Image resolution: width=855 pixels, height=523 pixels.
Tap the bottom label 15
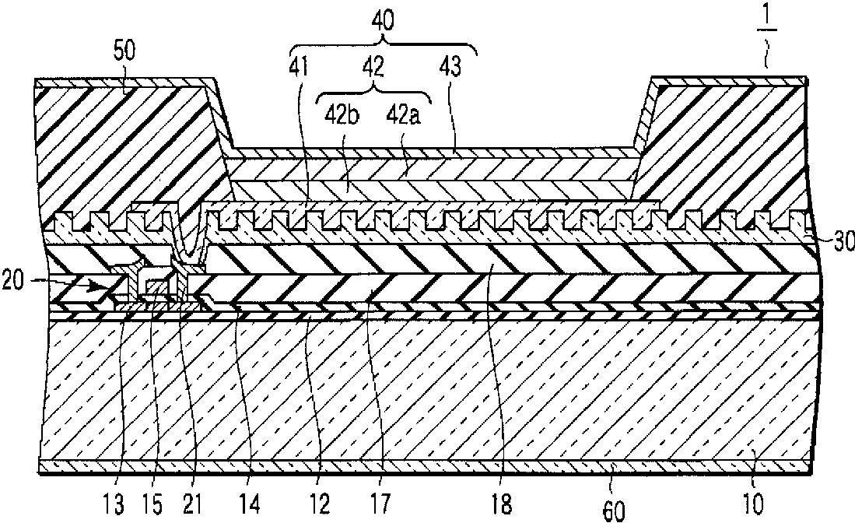point(155,505)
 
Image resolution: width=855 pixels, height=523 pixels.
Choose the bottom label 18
point(503,505)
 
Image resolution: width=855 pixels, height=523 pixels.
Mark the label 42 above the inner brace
point(374,68)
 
